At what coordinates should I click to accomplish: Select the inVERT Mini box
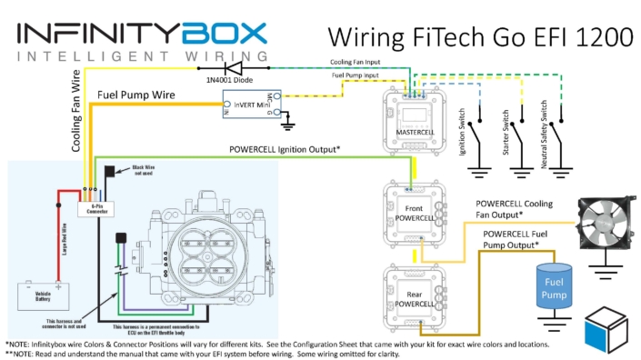[255, 106]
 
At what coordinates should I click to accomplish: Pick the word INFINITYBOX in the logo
[141, 35]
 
